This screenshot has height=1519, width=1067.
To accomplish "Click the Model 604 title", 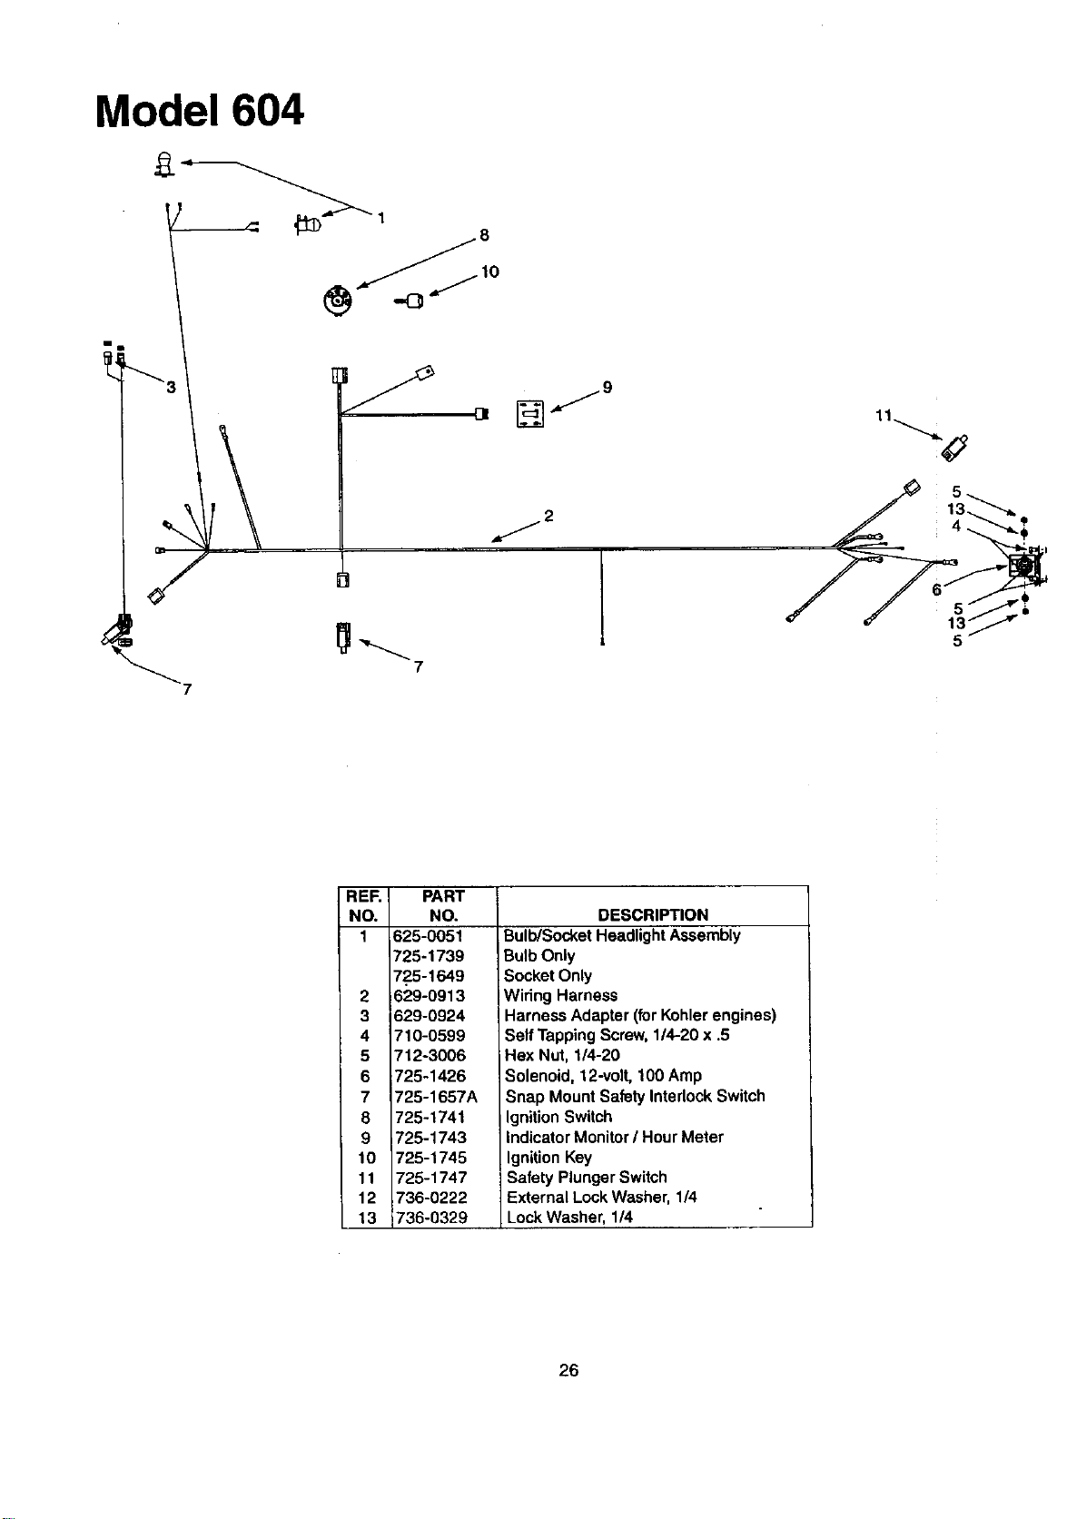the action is tap(200, 111).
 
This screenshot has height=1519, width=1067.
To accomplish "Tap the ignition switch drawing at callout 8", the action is tap(337, 301).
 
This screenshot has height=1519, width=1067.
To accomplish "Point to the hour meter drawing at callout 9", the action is tap(529, 413).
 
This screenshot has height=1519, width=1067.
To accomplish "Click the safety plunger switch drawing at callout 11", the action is tap(955, 449).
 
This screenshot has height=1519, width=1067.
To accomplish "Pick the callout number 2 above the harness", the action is tap(548, 516).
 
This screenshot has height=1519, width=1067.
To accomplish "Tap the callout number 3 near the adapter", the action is tap(171, 387).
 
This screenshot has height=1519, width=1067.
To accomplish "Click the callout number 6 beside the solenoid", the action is tap(936, 590).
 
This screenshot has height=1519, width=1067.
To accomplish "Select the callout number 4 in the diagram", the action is tap(955, 526).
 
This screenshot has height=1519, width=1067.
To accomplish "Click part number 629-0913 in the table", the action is tap(430, 995).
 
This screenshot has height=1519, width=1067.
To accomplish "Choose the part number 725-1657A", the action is tap(436, 1097).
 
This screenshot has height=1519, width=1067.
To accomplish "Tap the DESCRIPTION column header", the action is tap(653, 915).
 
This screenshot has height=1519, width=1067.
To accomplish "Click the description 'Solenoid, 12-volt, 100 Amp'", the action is tap(604, 1076).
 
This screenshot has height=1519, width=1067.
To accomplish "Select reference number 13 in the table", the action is tap(366, 1218).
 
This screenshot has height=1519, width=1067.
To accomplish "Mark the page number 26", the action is tap(568, 1370).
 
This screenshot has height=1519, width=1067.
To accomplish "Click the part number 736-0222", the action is tap(431, 1198).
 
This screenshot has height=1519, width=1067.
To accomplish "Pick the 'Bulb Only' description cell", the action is tap(539, 955).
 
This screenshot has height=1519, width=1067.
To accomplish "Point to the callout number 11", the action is tap(884, 415).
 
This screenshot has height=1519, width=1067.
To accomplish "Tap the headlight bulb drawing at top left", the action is tap(165, 164).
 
